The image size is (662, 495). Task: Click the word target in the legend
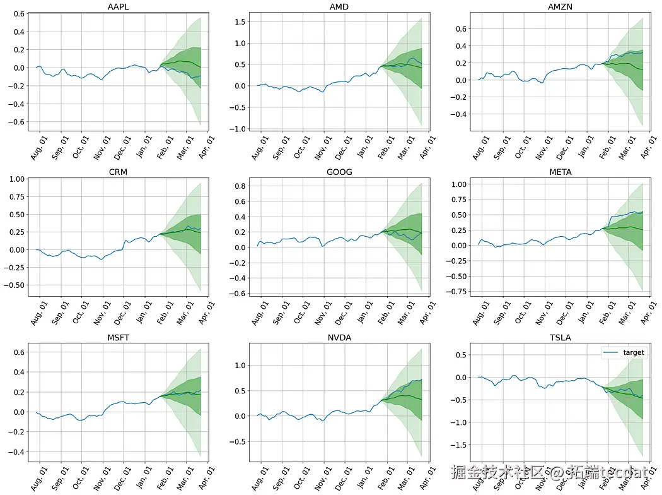point(634,352)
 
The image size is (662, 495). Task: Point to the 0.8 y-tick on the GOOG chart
point(237,186)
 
